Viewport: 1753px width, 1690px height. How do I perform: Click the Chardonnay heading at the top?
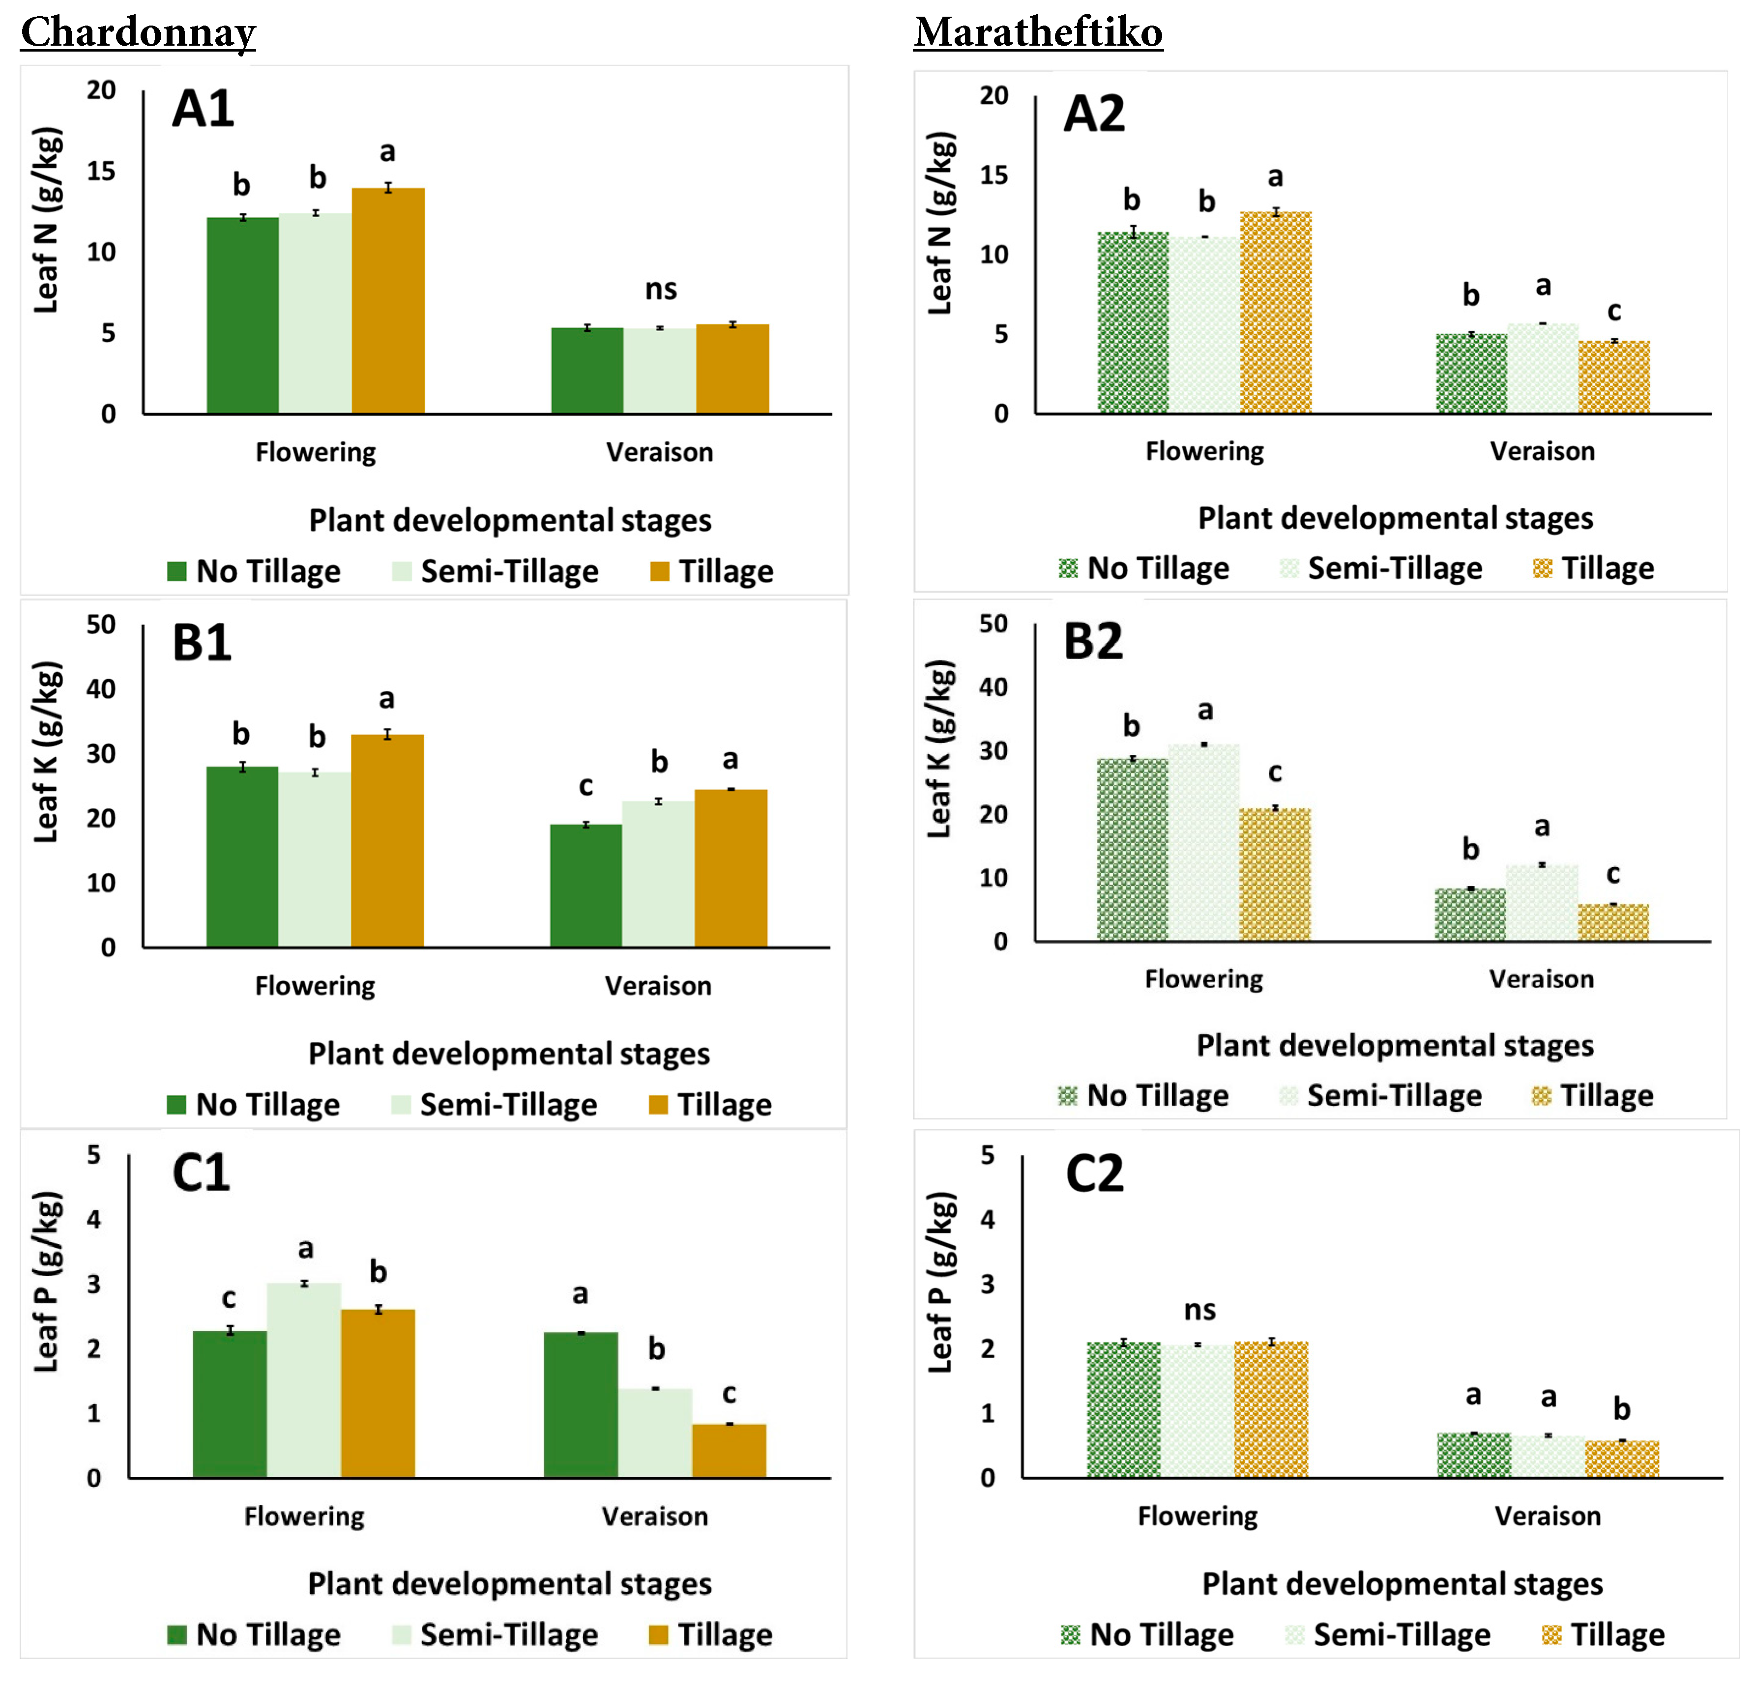click(x=139, y=33)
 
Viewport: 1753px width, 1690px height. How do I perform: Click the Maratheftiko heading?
click(x=1037, y=33)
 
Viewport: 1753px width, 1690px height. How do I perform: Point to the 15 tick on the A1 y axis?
click(x=102, y=171)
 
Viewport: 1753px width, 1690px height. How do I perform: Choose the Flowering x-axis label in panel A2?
click(x=1205, y=452)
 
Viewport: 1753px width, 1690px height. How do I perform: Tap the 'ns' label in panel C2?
click(x=1199, y=1310)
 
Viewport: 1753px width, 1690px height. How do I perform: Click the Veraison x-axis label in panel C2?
click(x=1548, y=1517)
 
